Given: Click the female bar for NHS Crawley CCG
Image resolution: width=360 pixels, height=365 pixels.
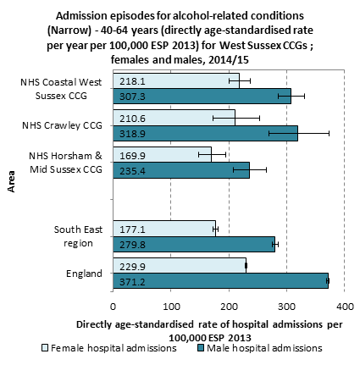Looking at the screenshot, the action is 174,118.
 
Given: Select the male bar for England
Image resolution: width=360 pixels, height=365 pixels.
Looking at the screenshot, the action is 220,281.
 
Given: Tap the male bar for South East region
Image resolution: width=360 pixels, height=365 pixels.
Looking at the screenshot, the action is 194,244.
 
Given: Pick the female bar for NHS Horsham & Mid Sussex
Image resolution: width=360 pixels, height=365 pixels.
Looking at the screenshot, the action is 162,155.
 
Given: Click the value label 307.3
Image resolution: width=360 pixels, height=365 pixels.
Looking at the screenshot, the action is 132,97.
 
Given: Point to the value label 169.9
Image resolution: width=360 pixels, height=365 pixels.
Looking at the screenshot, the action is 132,156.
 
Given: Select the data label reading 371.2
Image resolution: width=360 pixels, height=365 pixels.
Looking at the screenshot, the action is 132,282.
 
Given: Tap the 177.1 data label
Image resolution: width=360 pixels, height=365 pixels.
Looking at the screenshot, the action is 132,230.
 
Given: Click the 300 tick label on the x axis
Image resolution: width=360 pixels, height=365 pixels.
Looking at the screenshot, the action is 286,307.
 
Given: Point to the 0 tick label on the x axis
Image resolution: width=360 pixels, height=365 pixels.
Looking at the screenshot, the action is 113,307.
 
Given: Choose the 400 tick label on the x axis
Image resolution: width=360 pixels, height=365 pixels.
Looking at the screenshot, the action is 344,307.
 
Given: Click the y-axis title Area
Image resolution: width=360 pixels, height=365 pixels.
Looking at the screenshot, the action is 11,181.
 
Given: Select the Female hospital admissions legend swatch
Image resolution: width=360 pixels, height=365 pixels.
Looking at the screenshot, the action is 45,348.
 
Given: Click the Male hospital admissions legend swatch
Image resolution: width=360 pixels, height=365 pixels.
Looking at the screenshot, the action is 200,348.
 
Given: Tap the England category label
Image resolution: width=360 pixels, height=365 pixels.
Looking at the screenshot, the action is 84,274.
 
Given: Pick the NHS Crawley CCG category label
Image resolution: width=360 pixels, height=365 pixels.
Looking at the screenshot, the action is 62,125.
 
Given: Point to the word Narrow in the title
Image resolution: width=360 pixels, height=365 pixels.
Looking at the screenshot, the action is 69,30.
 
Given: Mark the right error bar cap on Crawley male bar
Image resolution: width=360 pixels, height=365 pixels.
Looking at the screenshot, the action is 330,133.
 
